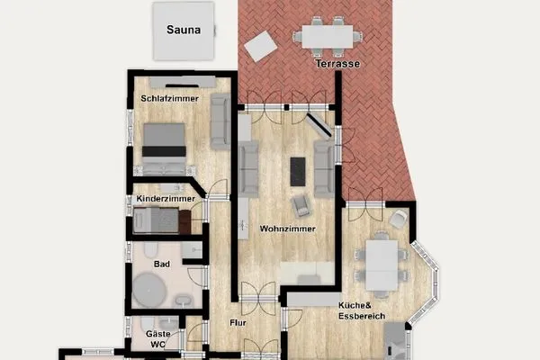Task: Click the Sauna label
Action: (x=183, y=28)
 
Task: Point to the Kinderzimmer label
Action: (x=165, y=199)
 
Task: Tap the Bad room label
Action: (x=162, y=265)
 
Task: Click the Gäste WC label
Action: (x=158, y=338)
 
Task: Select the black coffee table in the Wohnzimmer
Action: (x=298, y=171)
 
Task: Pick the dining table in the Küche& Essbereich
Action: (x=382, y=262)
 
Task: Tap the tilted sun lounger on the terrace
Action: (x=261, y=45)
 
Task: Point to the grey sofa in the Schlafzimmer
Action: (x=220, y=121)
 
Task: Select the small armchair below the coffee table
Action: (x=303, y=205)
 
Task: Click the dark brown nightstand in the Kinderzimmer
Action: (x=185, y=219)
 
